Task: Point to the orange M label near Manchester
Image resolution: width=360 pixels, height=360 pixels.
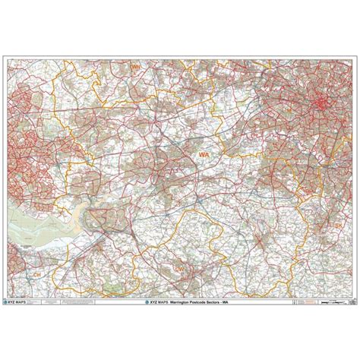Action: [289, 111]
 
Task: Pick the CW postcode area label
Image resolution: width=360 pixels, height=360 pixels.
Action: [180, 267]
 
